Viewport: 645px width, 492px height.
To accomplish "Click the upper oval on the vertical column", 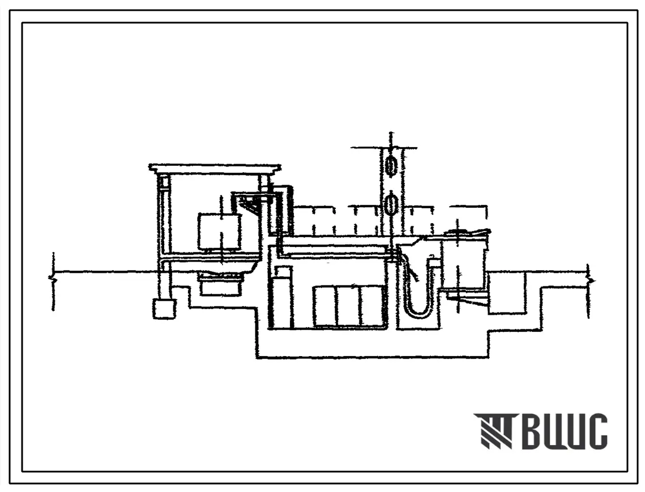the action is (391, 165).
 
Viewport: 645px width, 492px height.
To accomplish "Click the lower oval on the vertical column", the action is (391, 204).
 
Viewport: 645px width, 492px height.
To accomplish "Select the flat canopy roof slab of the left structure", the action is (215, 169).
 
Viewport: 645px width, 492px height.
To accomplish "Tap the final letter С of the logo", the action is (595, 431).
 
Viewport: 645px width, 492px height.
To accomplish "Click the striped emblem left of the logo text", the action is (493, 430).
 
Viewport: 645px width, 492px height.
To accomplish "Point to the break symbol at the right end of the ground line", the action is (590, 281).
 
